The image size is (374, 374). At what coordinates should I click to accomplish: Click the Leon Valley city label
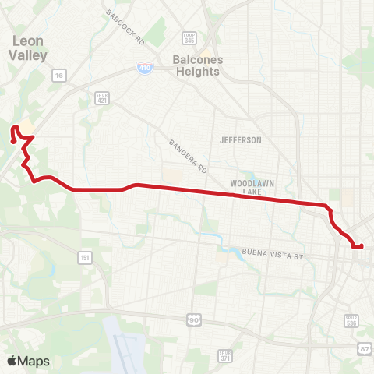tap(28, 48)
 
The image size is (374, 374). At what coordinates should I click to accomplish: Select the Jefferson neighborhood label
tap(241, 140)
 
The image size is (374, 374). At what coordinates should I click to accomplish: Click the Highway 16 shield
tap(58, 76)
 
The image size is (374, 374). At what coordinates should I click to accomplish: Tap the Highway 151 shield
tap(84, 257)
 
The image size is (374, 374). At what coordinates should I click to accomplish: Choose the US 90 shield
tap(192, 319)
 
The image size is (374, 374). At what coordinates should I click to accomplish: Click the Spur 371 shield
tap(225, 356)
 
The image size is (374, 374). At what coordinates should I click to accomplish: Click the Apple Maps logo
tap(28, 361)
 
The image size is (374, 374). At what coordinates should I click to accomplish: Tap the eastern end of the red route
tap(362, 246)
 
